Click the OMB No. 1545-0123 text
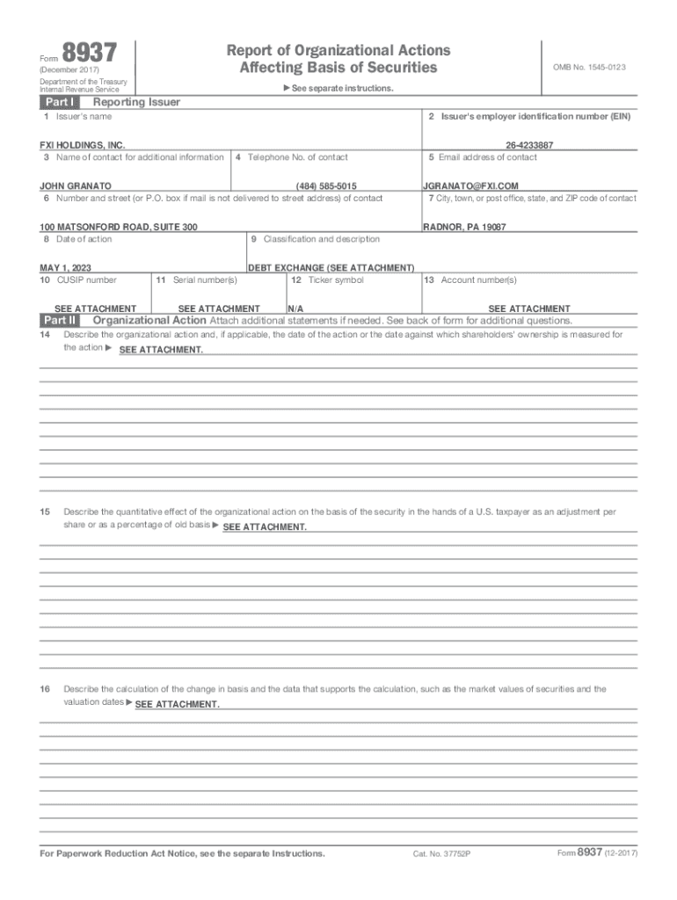(x=588, y=68)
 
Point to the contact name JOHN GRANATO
(x=76, y=186)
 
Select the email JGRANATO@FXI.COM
(x=470, y=186)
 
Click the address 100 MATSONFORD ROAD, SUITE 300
(x=119, y=227)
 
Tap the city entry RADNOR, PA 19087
(x=464, y=227)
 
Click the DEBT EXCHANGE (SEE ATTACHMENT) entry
(x=331, y=267)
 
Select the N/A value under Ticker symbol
(x=295, y=308)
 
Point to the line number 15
(x=45, y=511)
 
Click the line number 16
(x=45, y=689)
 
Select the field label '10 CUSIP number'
(x=78, y=279)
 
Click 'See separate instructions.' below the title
(x=338, y=88)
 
